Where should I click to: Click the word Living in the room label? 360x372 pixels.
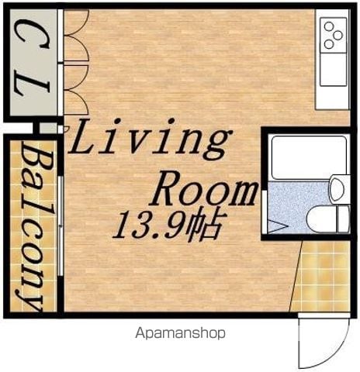point(150,139)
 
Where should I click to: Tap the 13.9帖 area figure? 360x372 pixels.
point(168,224)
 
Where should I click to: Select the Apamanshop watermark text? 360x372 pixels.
point(180,333)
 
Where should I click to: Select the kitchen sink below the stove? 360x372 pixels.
point(334,69)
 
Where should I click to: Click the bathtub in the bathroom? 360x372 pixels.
point(310,158)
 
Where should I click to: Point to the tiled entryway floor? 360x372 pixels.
point(321,276)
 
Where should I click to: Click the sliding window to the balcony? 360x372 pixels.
point(61,226)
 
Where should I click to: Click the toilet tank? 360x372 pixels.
point(344,219)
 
